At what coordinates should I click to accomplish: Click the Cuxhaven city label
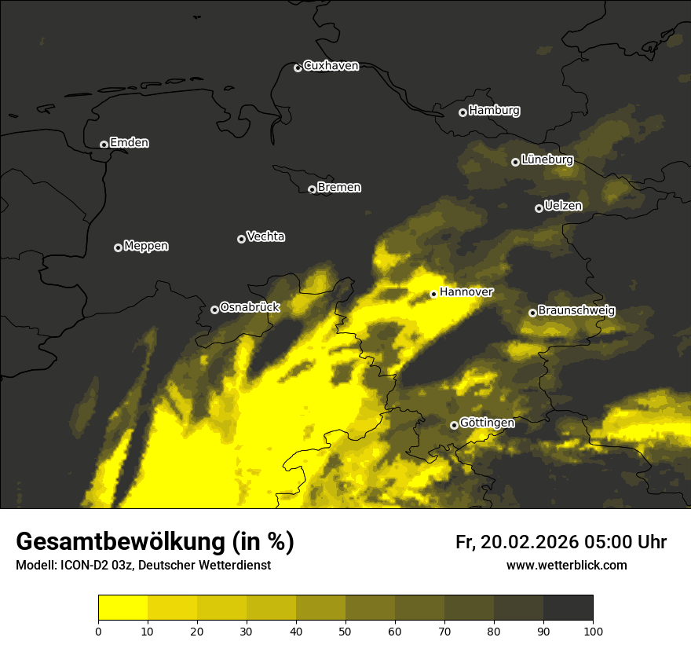click(x=331, y=66)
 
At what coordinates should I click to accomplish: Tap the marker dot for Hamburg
click(x=462, y=112)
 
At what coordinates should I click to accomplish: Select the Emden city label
click(x=129, y=143)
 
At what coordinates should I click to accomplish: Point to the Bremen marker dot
click(x=312, y=189)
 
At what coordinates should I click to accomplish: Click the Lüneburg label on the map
click(x=547, y=159)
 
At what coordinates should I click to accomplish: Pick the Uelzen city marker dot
click(x=539, y=208)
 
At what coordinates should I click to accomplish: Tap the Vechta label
click(x=265, y=236)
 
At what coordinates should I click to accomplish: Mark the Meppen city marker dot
click(x=118, y=247)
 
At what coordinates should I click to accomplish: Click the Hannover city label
click(x=466, y=292)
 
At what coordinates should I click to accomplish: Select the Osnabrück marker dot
click(x=214, y=310)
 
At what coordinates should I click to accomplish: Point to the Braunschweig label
click(x=576, y=311)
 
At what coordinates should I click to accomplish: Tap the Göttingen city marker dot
click(x=454, y=425)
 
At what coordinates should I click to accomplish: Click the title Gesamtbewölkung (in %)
click(x=155, y=542)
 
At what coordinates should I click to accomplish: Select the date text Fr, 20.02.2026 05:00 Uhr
click(x=561, y=542)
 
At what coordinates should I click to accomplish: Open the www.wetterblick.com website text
click(x=566, y=565)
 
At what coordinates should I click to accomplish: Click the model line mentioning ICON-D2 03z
click(x=143, y=565)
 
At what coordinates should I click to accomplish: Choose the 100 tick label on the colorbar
click(x=593, y=631)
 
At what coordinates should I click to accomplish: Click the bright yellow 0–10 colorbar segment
click(x=123, y=608)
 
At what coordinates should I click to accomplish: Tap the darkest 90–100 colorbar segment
click(x=568, y=608)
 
